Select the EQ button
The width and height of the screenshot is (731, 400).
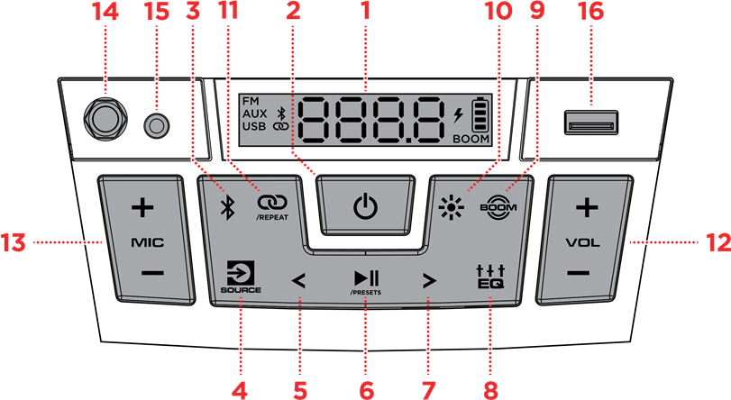[490, 277]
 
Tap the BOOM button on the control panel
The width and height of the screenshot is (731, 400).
[498, 207]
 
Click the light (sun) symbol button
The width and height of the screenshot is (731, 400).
[452, 207]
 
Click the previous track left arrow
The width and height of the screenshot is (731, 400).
[298, 281]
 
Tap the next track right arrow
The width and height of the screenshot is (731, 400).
[429, 281]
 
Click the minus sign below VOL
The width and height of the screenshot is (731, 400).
[579, 273]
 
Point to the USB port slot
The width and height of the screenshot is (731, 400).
[591, 123]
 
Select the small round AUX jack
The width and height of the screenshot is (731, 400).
[157, 125]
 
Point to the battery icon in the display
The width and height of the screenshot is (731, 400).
[481, 114]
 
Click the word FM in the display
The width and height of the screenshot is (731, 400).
[251, 101]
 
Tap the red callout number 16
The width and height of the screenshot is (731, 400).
[590, 11]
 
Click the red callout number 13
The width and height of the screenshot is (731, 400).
[13, 242]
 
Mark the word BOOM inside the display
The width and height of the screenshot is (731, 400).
[471, 139]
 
